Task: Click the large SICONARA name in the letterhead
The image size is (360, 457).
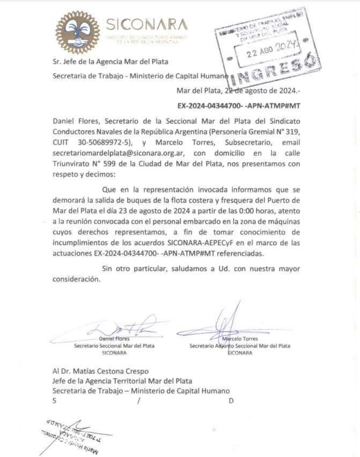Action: pos(146,24)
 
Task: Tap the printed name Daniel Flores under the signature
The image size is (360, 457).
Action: pos(114,339)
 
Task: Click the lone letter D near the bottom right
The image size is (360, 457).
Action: pos(231,400)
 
